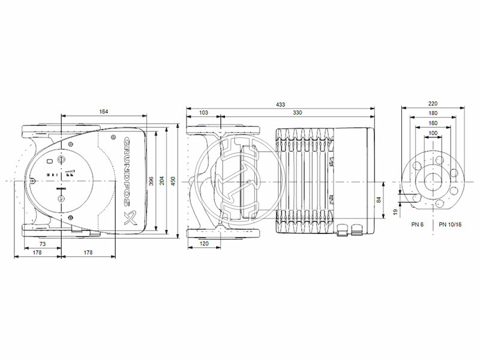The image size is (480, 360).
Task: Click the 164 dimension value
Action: [104, 111]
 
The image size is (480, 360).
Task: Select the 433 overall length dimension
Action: [280, 104]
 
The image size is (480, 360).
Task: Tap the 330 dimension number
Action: [297, 112]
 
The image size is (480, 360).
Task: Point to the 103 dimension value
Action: [203, 112]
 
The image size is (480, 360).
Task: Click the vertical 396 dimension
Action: [152, 180]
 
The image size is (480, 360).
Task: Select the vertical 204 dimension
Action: [162, 180]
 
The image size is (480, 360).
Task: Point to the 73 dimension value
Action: [43, 245]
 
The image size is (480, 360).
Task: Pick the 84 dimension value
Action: [378, 200]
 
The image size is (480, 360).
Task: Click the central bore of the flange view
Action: [432, 181]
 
